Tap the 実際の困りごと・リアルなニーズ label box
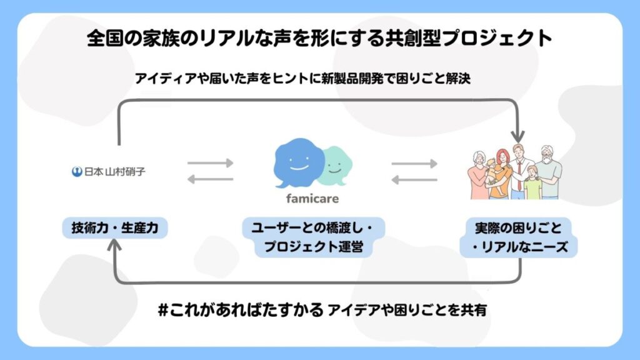pyautogui.click(x=519, y=237)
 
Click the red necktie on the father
pyautogui.click(x=517, y=172)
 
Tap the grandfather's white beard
pyautogui.click(x=548, y=162)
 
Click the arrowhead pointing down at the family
pyautogui.click(x=517, y=134)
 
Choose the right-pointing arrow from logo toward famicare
pyautogui.click(x=210, y=163)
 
